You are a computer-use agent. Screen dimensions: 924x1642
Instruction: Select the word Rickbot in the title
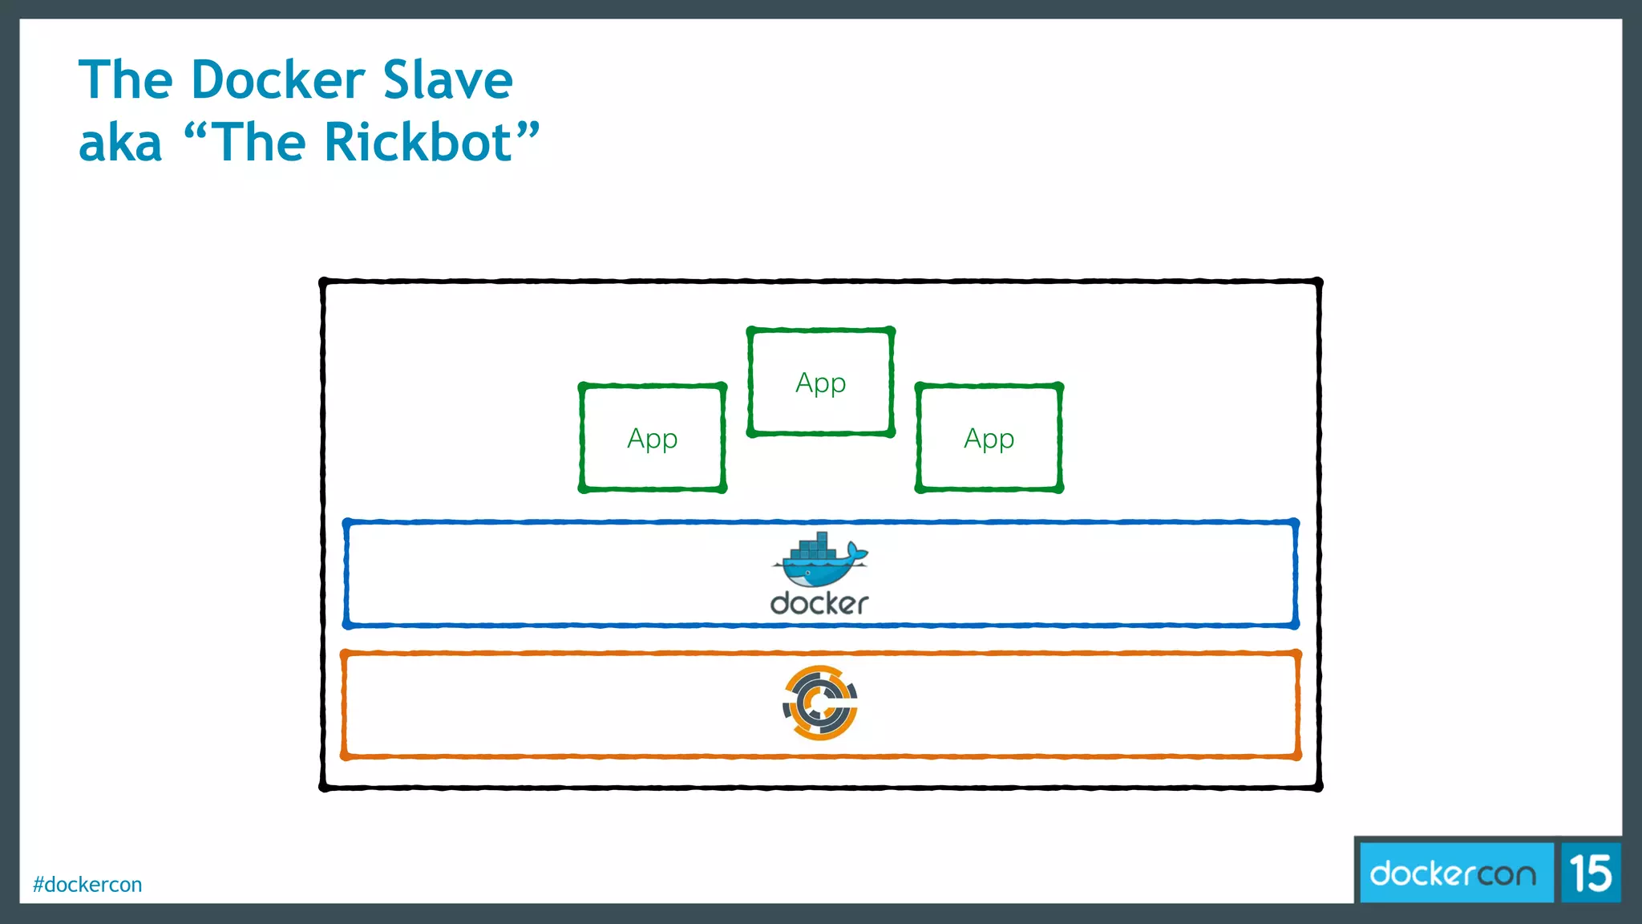418,143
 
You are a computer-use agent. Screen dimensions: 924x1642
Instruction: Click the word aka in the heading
120,143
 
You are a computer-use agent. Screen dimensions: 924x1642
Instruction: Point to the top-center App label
820,383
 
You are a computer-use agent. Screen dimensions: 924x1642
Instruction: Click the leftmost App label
652,439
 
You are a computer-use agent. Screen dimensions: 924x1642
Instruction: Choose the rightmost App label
989,439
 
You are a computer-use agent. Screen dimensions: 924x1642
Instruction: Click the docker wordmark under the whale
819,603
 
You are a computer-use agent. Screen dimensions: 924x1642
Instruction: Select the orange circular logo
820,703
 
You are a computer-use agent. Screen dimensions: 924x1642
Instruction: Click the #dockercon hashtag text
87,885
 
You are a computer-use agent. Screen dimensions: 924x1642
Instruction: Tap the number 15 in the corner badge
1591,873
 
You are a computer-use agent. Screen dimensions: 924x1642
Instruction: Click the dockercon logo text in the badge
1453,873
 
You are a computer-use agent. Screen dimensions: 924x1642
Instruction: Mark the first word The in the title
125,80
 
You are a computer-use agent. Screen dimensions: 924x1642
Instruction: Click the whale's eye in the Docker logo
807,573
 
